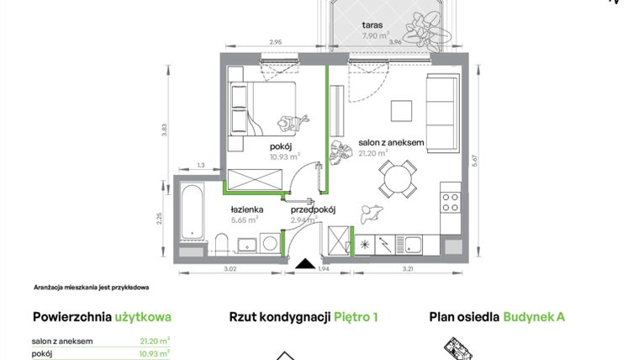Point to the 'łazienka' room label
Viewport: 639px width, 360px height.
[x=248, y=209]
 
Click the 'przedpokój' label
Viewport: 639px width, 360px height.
[x=313, y=210]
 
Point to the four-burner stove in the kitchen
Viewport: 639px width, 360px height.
[x=451, y=201]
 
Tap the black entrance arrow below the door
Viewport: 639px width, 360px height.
[x=303, y=262]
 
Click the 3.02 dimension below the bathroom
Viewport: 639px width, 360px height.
[x=229, y=269]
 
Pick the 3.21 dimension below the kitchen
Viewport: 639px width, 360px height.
[x=409, y=269]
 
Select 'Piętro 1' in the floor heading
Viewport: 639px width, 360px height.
[x=356, y=317]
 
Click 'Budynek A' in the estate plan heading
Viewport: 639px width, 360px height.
[x=534, y=317]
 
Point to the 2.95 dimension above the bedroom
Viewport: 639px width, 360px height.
[x=274, y=41]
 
